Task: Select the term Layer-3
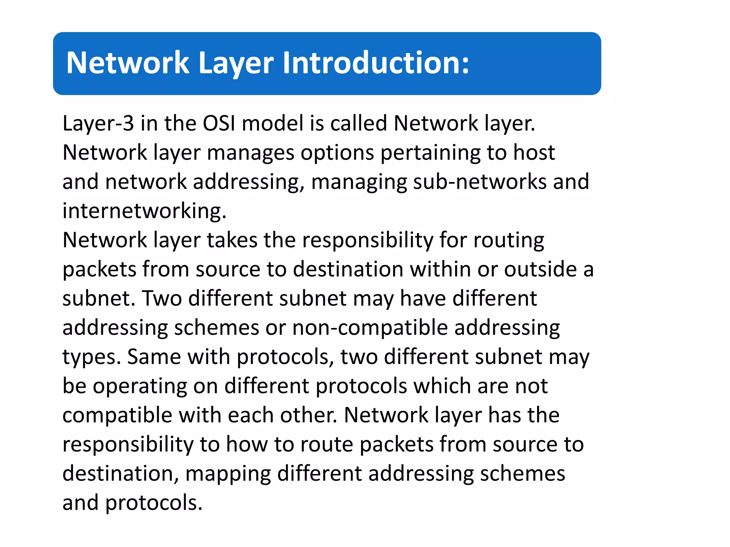tap(98, 124)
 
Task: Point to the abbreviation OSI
tap(219, 124)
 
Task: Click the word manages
tap(251, 153)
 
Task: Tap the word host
tap(534, 152)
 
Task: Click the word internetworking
tap(144, 211)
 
